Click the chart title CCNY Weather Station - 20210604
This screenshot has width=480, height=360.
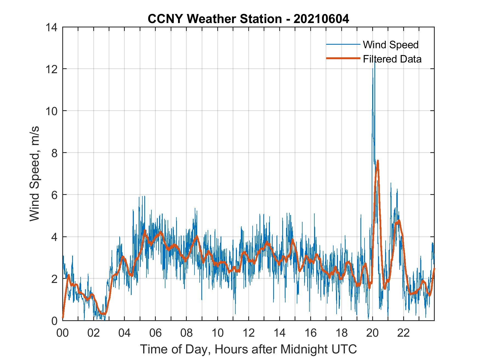click(248, 19)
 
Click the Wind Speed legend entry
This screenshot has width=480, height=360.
click(391, 45)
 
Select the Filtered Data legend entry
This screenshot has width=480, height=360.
click(392, 59)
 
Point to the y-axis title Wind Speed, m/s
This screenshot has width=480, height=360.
click(35, 174)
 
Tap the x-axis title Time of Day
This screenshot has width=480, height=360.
click(248, 349)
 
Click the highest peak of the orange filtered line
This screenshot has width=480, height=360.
click(378, 161)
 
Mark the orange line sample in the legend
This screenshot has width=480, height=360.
click(343, 58)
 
